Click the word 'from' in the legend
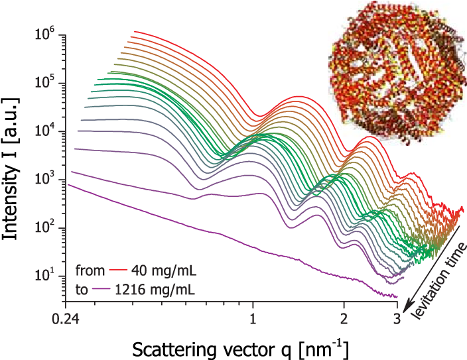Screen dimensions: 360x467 (x=88, y=271)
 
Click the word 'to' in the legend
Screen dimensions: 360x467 (x=82, y=290)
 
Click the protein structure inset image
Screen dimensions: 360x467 (x=397, y=73)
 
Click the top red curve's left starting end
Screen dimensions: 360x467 (x=135, y=31)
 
